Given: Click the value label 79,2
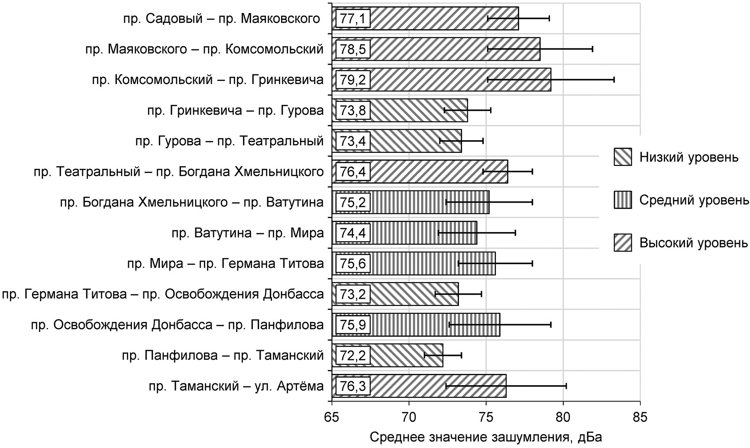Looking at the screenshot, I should click(353, 80).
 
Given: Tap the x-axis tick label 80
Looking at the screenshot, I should click(563, 418).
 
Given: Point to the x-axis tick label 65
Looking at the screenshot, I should click(332, 418).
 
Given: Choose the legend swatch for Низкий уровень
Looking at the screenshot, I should click(623, 157).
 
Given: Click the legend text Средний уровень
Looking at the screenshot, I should click(694, 200).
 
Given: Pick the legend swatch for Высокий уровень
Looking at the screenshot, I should click(623, 243).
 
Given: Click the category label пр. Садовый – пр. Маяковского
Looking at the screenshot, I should click(221, 19).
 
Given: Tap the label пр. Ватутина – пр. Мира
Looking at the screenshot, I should click(248, 233).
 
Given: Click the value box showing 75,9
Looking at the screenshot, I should click(353, 325).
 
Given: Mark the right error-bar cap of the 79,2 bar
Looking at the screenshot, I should click(614, 80).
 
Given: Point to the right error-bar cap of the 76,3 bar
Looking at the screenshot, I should click(566, 386).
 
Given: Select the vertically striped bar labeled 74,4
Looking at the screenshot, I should click(424, 233).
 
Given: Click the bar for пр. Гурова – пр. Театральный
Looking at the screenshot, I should click(416, 141).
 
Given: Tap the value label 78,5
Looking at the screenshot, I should click(353, 49).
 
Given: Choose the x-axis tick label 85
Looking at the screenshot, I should click(640, 418).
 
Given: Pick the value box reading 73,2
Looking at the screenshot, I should click(353, 294).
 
